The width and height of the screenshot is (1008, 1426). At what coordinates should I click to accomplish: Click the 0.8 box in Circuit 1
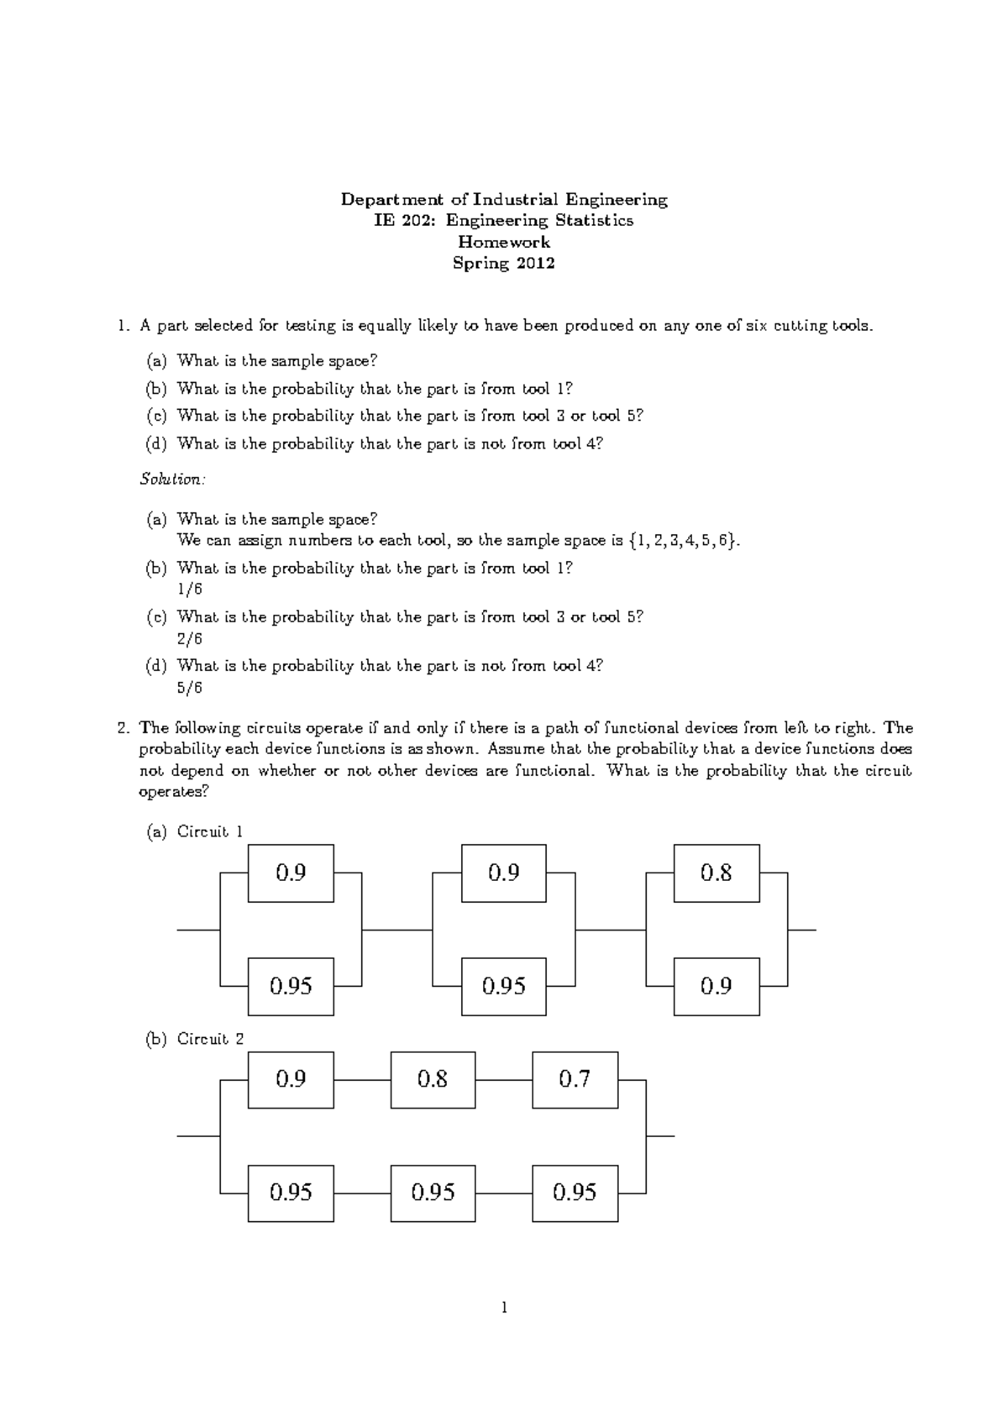717,873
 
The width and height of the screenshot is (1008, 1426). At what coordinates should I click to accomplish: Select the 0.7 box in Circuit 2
575,1079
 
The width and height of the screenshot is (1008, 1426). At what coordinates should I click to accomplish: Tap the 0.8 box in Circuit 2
433,1079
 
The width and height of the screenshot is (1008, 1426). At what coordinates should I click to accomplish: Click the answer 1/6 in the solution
190,590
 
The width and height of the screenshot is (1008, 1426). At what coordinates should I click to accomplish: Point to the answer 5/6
190,688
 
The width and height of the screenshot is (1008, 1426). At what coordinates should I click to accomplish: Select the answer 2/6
190,639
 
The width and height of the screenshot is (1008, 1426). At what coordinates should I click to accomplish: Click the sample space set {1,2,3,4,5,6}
685,541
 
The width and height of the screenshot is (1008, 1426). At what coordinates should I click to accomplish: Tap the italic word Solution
171,480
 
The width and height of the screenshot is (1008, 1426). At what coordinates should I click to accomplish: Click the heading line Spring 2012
503,264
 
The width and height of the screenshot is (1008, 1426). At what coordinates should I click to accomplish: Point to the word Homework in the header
503,243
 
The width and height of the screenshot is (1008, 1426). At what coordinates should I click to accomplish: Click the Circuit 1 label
210,832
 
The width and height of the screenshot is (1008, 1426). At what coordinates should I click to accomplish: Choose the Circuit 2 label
210,1040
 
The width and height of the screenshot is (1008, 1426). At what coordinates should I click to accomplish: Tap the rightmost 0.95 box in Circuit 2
575,1193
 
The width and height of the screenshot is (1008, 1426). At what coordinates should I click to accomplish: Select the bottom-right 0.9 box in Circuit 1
717,986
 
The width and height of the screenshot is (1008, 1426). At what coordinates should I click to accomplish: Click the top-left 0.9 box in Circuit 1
291,873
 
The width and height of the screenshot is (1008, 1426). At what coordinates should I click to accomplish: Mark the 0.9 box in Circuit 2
291,1079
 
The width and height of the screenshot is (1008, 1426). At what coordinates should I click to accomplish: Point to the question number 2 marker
123,728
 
